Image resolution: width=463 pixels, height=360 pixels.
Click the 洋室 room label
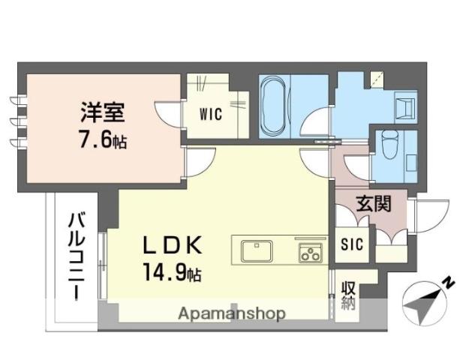[x=103, y=112]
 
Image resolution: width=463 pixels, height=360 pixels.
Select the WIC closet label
[x=211, y=114]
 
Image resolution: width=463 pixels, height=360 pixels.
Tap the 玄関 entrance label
[x=374, y=203]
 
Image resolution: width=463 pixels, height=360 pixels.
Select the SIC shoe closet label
[x=352, y=244]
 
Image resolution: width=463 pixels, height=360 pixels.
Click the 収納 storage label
[x=348, y=295]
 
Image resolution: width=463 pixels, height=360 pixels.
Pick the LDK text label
[x=173, y=245]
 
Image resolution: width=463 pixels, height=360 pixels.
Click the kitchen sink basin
[x=257, y=251]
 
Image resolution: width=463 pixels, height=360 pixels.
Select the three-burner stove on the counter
[x=310, y=253]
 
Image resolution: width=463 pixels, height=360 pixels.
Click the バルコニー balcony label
[x=77, y=256]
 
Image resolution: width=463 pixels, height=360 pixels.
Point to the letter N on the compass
[x=449, y=283]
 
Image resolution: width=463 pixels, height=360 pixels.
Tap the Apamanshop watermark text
[x=232, y=314]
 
